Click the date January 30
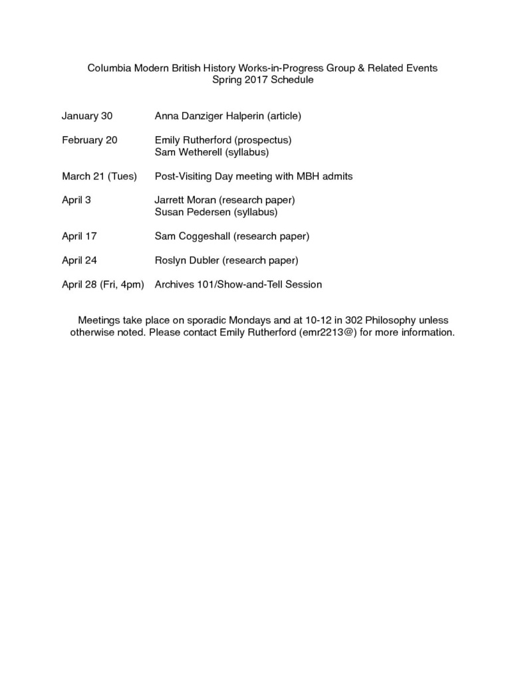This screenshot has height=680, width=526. (87, 116)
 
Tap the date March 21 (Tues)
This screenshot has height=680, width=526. (99, 176)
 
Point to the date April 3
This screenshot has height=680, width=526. (76, 200)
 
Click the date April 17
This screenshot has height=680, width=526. (79, 236)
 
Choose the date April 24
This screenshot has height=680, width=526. (79, 260)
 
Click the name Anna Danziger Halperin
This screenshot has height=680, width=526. (209, 116)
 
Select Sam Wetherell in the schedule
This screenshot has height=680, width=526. (187, 152)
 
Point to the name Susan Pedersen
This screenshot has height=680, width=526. (190, 212)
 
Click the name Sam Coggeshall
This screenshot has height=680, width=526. (192, 236)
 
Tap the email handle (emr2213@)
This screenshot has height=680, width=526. (333, 332)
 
